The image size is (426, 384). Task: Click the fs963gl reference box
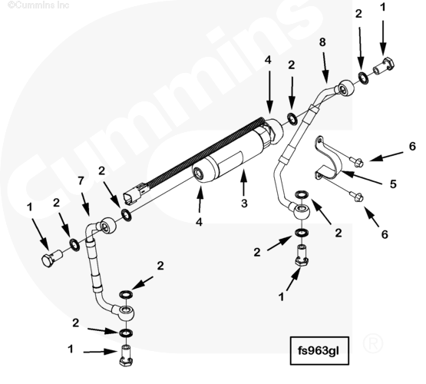tap(319, 350)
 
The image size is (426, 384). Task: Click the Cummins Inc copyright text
tap(38, 5)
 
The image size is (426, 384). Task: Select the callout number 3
tap(244, 204)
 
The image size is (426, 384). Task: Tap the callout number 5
tap(393, 184)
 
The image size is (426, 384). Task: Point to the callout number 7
tap(81, 180)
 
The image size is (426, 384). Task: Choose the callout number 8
tap(322, 42)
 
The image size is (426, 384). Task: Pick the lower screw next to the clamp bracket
tap(356, 197)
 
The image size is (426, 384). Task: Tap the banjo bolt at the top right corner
tap(384, 67)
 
